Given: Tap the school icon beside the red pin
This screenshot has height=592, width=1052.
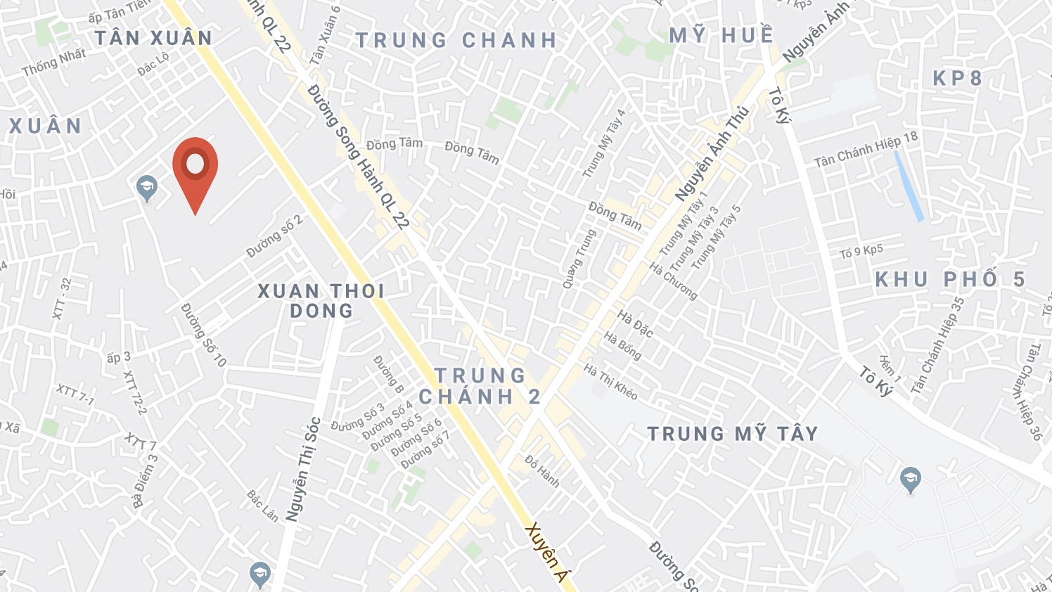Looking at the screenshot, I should pos(147,188).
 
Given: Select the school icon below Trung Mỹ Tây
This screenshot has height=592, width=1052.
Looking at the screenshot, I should pos(911,481).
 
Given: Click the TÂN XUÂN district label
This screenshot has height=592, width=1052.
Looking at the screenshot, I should pos(153,38).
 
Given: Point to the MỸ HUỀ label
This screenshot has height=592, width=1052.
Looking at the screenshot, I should pos(721,35).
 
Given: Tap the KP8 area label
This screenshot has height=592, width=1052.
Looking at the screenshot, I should pos(957,78).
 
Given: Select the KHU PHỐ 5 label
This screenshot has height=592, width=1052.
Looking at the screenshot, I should pos(950,279).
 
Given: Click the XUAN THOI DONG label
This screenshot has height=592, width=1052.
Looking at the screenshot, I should pos(321,301).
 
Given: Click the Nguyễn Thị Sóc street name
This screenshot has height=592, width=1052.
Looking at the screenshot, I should pos(304,469).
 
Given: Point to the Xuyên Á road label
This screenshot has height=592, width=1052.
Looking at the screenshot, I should pos(546,553).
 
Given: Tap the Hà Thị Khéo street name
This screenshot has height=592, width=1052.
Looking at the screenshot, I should pos(610,382).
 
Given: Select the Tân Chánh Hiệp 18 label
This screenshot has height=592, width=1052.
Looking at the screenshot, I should pos(866,150).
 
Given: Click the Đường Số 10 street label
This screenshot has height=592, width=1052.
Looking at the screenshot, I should pos(204,335).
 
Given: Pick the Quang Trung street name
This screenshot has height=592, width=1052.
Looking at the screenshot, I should pos(579,258).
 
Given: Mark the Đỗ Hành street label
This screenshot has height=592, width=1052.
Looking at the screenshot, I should pos(542,471).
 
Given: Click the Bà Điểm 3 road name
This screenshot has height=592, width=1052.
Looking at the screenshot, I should pos(146,481).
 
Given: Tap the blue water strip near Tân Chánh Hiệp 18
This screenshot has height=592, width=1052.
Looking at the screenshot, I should pos(909,186).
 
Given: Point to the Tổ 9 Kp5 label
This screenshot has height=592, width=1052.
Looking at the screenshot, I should pos(861,252).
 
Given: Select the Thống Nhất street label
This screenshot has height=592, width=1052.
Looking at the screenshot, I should pos(53,63).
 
